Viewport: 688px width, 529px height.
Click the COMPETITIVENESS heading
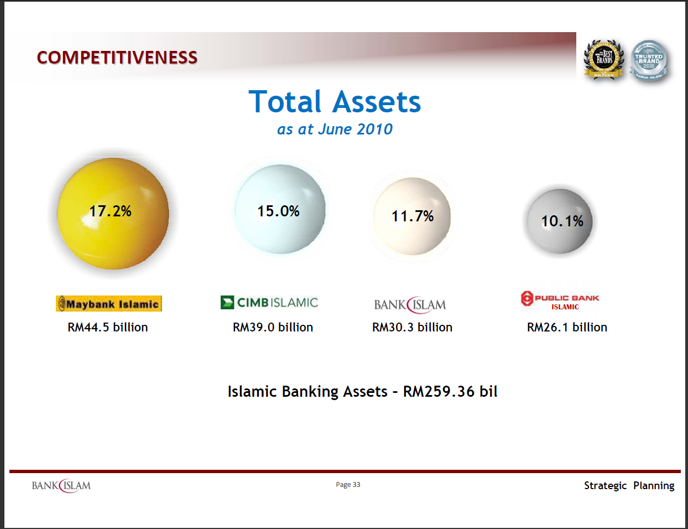(117, 58)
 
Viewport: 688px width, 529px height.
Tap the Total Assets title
(335, 102)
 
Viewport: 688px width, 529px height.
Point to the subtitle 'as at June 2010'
(335, 129)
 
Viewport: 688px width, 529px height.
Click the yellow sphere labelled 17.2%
(113, 213)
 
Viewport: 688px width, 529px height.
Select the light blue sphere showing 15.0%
(280, 209)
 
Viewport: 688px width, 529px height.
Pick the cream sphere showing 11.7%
(412, 216)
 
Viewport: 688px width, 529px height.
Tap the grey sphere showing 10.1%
(559, 221)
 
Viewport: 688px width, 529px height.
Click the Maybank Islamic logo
(109, 304)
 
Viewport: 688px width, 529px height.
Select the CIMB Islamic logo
(269, 302)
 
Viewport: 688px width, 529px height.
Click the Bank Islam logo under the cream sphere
(410, 304)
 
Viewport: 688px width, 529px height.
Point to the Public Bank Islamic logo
(560, 300)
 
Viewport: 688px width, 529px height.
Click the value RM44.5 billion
(108, 327)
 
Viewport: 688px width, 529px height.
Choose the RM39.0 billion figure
(273, 327)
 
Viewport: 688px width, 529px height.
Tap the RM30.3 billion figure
(412, 327)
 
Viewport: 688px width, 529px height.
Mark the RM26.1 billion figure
(567, 327)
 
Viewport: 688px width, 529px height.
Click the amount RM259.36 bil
(450, 392)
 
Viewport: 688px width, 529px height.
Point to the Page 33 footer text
(348, 485)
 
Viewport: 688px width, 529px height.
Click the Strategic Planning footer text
(629, 485)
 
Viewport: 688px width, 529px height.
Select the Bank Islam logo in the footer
(61, 486)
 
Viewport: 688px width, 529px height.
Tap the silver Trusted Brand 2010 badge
(649, 60)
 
